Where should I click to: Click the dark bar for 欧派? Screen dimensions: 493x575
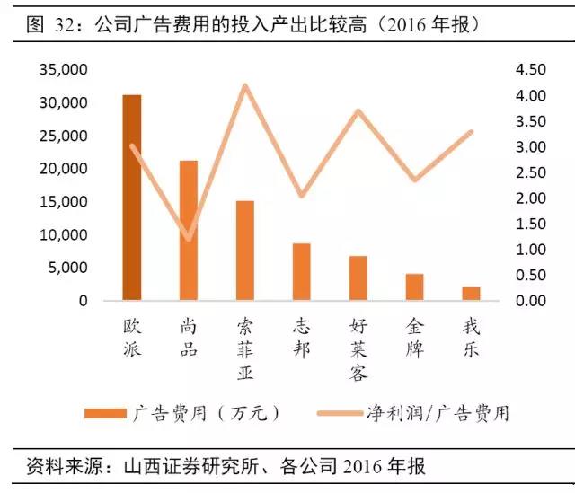(x=132, y=198)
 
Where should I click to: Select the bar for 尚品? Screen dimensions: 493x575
(x=189, y=231)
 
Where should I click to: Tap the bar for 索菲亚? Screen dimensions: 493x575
(x=244, y=251)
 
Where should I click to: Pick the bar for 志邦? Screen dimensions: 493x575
(x=301, y=272)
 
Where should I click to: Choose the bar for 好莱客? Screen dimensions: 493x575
(x=358, y=278)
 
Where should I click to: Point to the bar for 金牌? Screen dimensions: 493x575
(x=414, y=287)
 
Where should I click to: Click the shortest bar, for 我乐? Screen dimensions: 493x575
(x=471, y=294)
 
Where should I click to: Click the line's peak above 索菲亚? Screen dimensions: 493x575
(x=244, y=86)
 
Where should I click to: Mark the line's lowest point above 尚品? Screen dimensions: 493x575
(x=189, y=239)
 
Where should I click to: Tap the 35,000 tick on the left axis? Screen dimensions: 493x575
(x=64, y=70)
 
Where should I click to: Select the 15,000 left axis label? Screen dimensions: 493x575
(x=64, y=202)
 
